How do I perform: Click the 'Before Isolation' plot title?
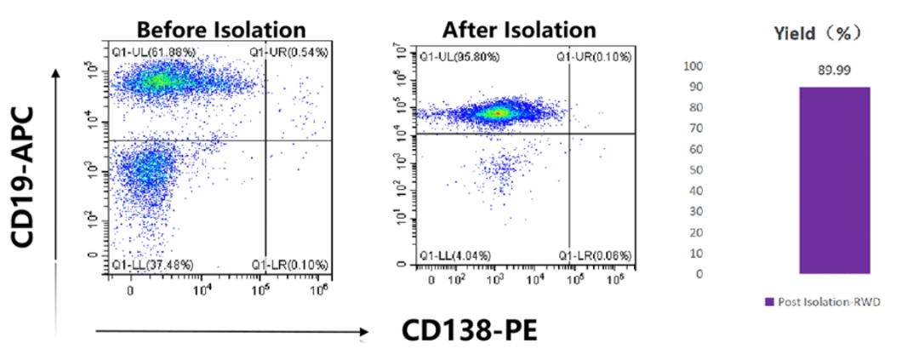pyautogui.click(x=220, y=29)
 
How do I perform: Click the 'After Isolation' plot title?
pyautogui.click(x=519, y=29)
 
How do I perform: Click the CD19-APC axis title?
pyautogui.click(x=26, y=178)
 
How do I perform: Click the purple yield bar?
pyautogui.click(x=834, y=180)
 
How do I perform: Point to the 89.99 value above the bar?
pyautogui.click(x=834, y=71)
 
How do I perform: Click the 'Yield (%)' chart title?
pyautogui.click(x=817, y=33)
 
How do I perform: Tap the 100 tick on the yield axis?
pyautogui.click(x=694, y=66)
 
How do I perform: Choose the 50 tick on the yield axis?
pyautogui.click(x=697, y=170)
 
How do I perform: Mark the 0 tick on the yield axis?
pyautogui.click(x=700, y=274)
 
